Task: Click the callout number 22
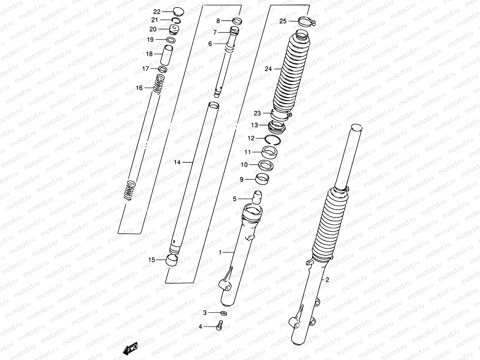coord(157,12)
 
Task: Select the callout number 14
coord(177,162)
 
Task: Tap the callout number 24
coord(268,69)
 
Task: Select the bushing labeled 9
coord(262,180)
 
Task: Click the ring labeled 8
coord(238,21)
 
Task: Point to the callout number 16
coord(139,88)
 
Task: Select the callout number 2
coord(327,280)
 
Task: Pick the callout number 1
coord(220,253)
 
